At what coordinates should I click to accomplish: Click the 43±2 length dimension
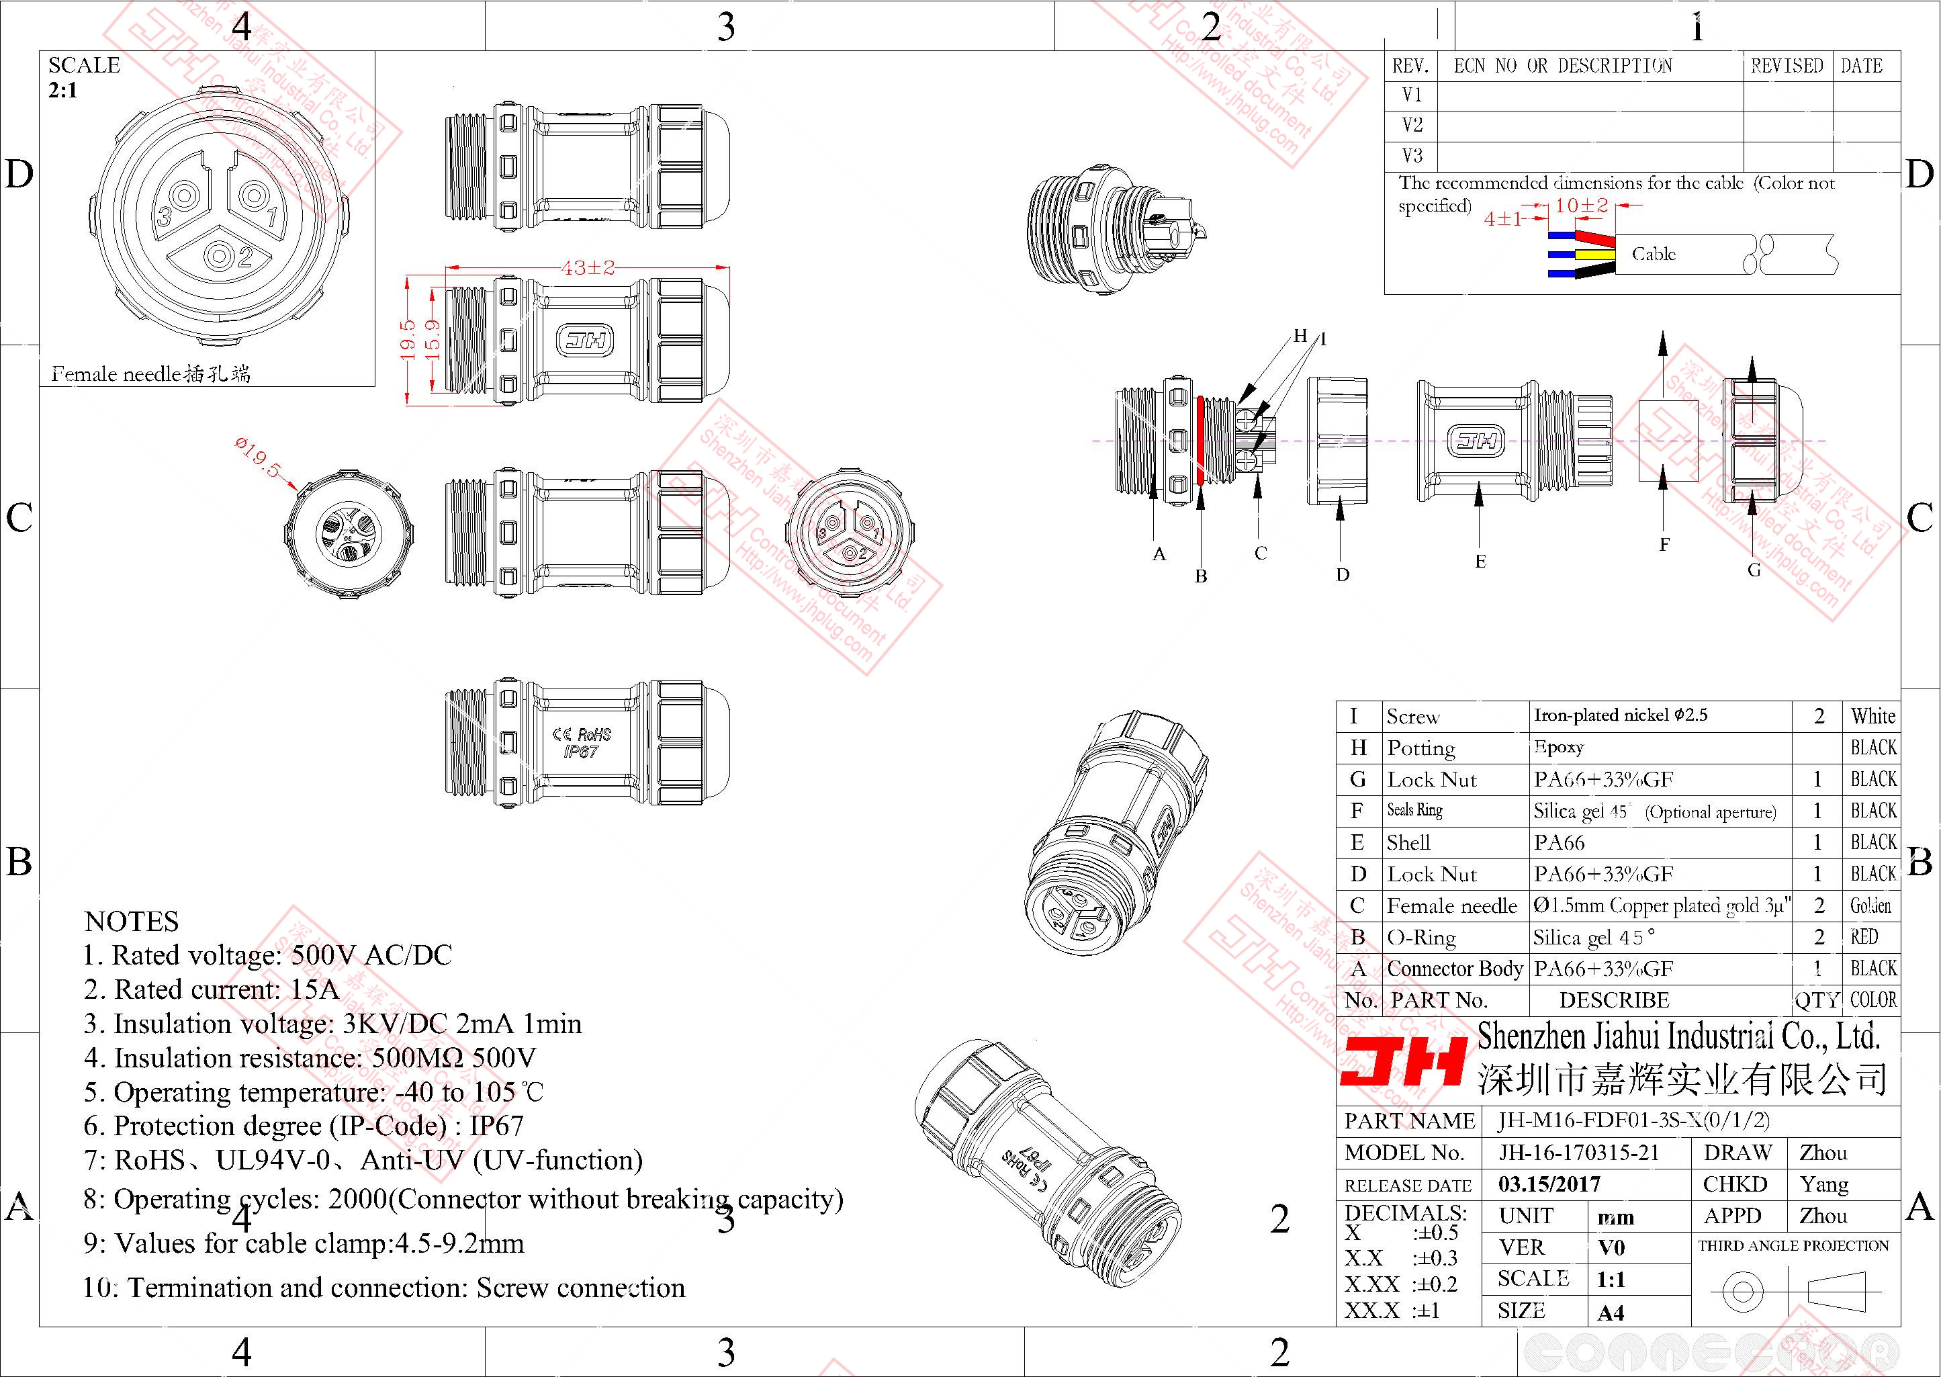click(x=586, y=268)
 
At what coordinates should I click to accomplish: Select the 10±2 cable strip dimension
click(x=1581, y=205)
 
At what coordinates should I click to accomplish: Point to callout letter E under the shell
click(x=1480, y=562)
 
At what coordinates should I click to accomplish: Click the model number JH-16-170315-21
click(x=1578, y=1152)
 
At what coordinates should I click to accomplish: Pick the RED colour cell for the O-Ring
click(x=1864, y=937)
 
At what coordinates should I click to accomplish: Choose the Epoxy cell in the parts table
click(x=1559, y=747)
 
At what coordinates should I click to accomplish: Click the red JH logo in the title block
click(x=1403, y=1063)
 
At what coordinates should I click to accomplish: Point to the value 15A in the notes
click(x=314, y=989)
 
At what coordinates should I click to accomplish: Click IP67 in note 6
click(x=497, y=1126)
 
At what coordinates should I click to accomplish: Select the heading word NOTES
click(x=132, y=922)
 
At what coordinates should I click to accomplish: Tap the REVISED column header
click(x=1787, y=66)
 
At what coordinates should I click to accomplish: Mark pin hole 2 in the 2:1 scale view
click(x=224, y=255)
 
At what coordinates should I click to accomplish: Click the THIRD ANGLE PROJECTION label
click(x=1793, y=1245)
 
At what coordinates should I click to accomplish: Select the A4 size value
click(x=1611, y=1313)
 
